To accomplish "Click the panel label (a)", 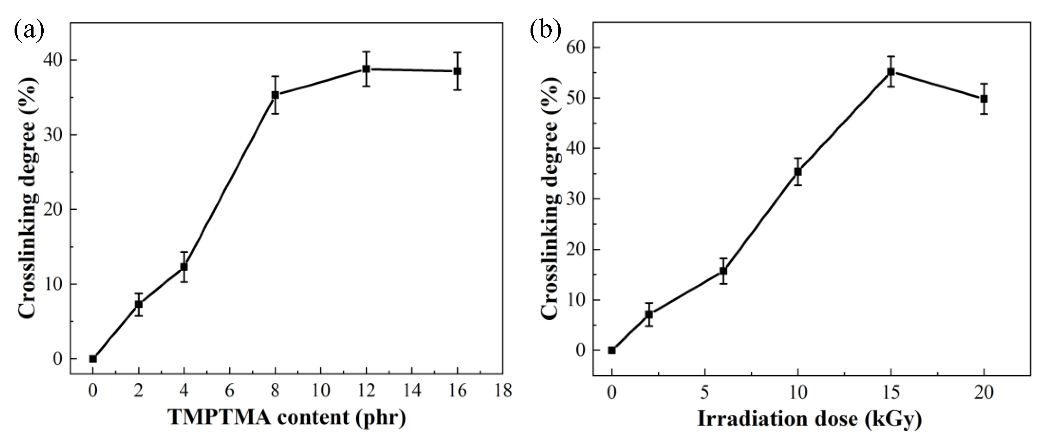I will [29, 30].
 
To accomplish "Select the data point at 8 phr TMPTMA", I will [275, 95].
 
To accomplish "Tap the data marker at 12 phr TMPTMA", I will [366, 69].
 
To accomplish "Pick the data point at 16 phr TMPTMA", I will [457, 71].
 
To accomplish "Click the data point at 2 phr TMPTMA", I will [139, 304].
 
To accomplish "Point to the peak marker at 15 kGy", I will [891, 72].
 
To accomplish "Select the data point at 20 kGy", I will [984, 99].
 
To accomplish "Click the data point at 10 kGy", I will [798, 172].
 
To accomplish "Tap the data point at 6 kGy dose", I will [723, 271].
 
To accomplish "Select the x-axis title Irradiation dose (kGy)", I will [810, 419].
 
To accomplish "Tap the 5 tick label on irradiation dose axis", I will [705, 392].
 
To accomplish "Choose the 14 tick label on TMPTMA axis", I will [412, 391].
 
